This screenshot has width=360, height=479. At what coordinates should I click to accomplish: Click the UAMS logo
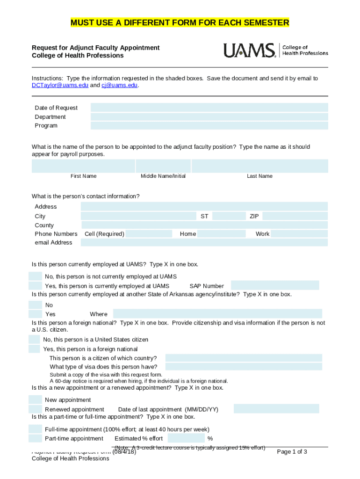pos(275,50)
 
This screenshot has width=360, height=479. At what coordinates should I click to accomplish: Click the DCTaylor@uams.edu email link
pos(60,86)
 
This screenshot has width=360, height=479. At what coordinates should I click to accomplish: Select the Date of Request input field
pos(209,108)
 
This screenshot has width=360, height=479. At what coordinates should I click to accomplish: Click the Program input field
pos(209,125)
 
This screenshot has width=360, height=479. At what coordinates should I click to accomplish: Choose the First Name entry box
pos(83,166)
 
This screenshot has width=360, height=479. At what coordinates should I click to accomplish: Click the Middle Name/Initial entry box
pos(163,166)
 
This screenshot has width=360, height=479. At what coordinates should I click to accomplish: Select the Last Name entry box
pos(259,166)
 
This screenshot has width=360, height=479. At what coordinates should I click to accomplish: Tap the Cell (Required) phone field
pos(149,234)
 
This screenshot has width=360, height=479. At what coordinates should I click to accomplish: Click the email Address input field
pos(204,242)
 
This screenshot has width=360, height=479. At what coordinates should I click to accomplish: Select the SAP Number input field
pos(275,285)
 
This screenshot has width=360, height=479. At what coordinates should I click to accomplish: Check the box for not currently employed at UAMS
pos(35,276)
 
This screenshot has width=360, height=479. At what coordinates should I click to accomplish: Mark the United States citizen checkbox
pos(34,339)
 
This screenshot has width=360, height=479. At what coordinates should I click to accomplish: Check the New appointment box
pos(35,399)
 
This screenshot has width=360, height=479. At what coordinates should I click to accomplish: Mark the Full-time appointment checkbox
pos(35,429)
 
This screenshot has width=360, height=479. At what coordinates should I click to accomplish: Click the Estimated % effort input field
pos(186,438)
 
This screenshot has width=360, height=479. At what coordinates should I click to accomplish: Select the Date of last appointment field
pos(276,409)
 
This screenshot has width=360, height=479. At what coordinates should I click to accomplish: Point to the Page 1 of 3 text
pos(292,451)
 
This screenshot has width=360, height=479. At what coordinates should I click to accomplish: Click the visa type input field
pos(244,367)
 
